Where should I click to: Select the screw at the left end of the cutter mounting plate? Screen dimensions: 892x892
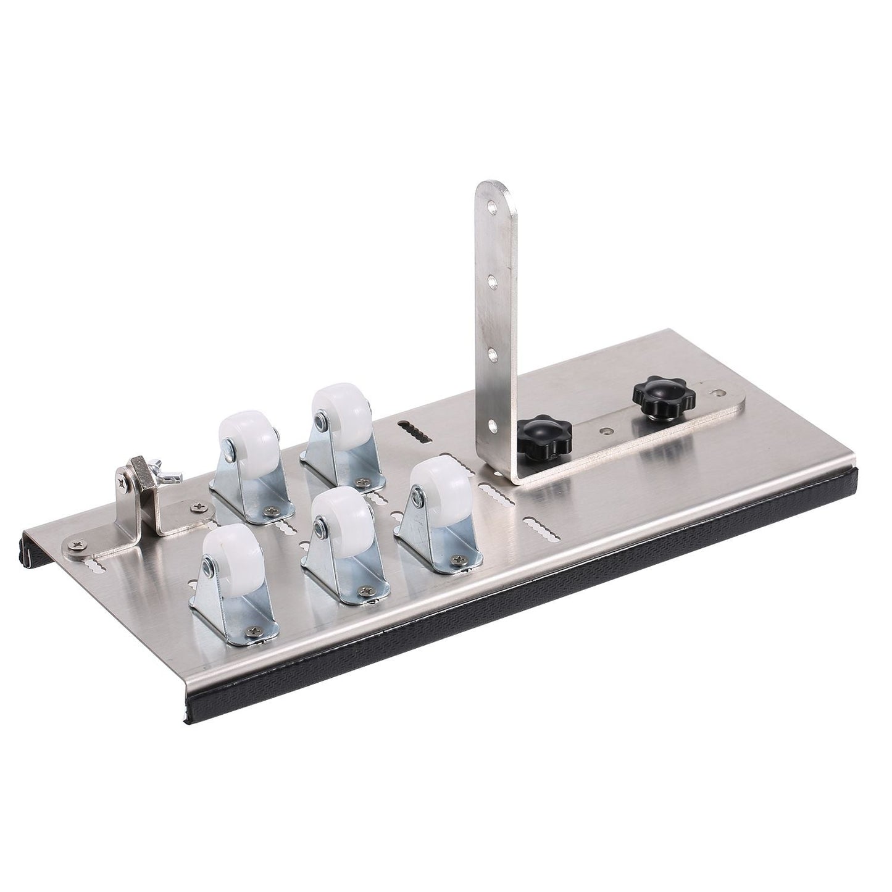point(78,544)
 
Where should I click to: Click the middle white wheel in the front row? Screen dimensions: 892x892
point(336,515)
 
